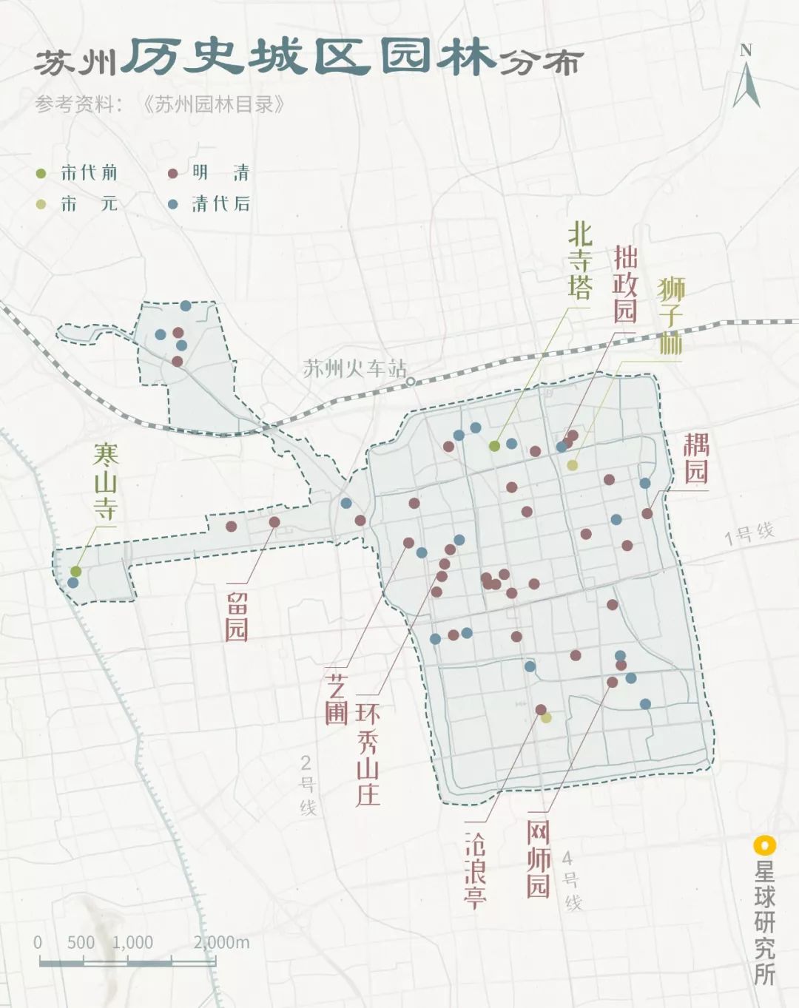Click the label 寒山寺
[x=105, y=481]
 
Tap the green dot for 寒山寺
[x=75, y=571]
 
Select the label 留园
[x=236, y=615]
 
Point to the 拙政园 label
[x=624, y=285]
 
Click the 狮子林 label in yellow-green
[x=671, y=315]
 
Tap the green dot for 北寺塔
[x=494, y=445]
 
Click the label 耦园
[x=695, y=459]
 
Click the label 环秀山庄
[x=368, y=754]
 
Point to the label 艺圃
[x=337, y=699]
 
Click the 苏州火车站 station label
[x=354, y=368]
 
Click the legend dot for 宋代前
[x=41, y=174]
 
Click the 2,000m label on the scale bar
[x=222, y=942]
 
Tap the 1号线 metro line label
[x=748, y=532]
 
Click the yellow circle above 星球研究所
[x=763, y=845]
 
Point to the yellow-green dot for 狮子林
[x=572, y=465]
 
